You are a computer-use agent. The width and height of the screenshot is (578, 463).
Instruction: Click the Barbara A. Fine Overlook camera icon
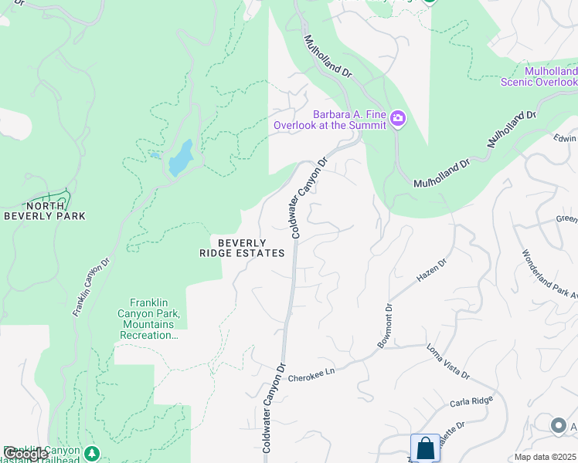click(x=398, y=118)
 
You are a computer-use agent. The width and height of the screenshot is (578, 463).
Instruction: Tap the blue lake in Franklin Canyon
click(x=181, y=157)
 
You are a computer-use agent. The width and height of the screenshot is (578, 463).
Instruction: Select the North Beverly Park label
click(x=45, y=211)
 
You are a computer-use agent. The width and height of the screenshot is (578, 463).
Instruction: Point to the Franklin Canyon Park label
click(x=155, y=319)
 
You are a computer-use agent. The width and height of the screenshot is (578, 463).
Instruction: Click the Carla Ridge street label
click(x=471, y=403)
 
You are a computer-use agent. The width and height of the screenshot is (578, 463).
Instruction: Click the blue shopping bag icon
click(x=425, y=448)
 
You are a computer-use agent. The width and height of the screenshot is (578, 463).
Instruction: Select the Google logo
click(x=25, y=453)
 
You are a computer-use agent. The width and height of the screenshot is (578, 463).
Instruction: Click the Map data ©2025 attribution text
click(x=545, y=457)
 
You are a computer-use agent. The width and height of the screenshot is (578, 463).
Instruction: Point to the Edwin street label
click(x=565, y=139)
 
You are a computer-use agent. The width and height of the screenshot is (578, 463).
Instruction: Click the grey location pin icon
click(x=558, y=425)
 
